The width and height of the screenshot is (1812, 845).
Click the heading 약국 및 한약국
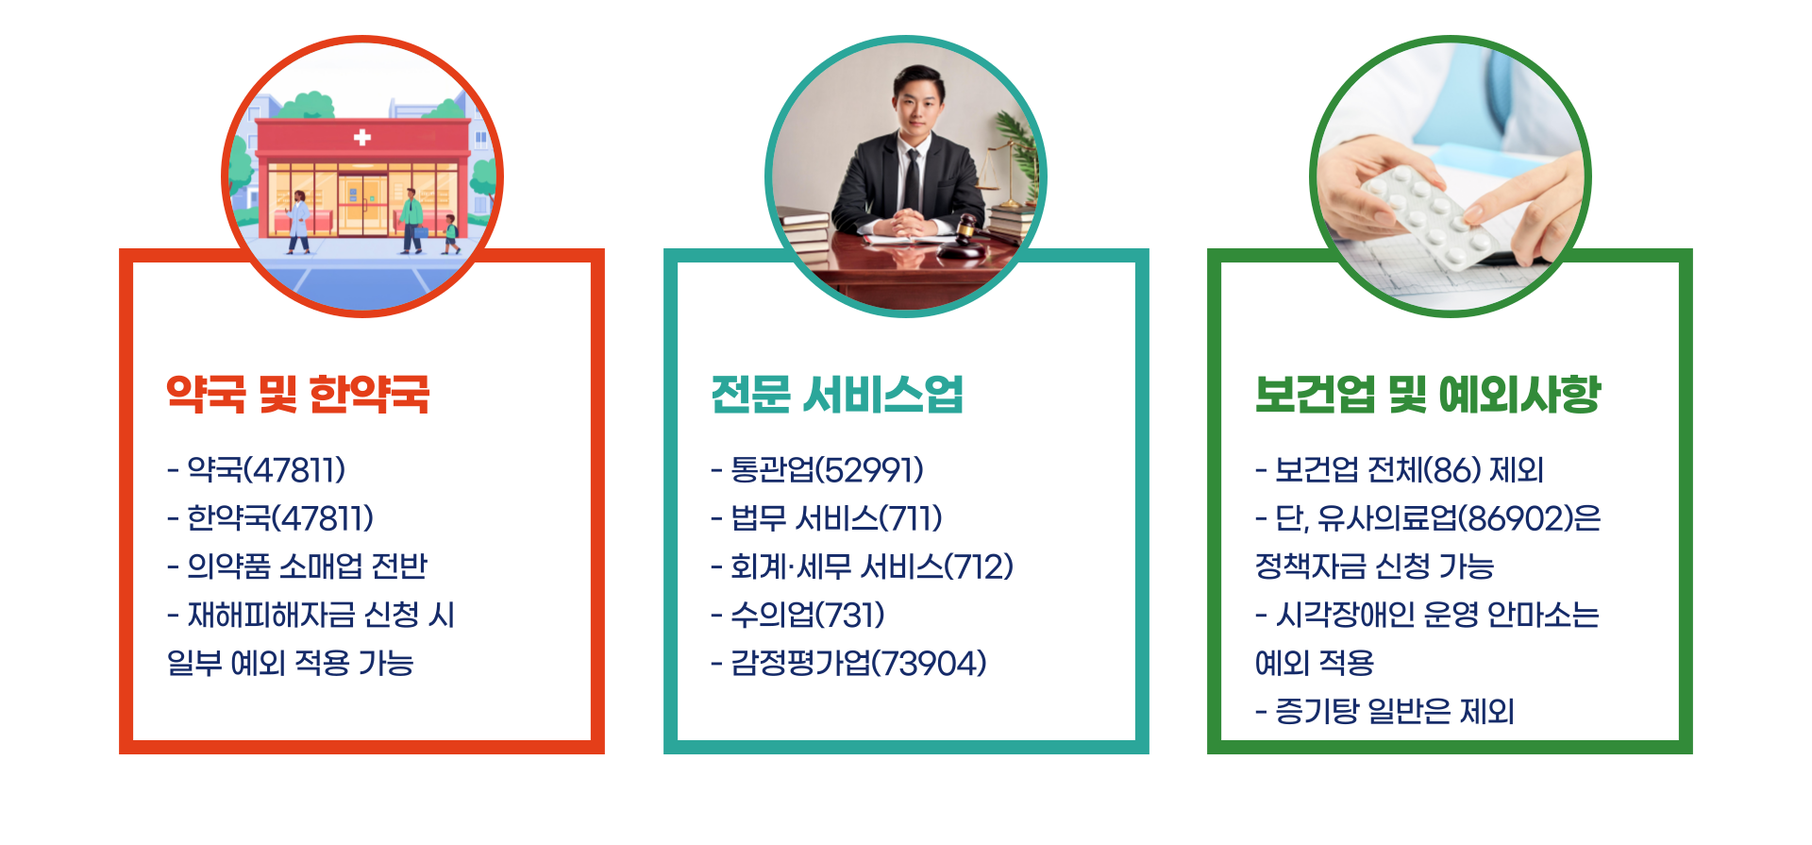click(x=297, y=394)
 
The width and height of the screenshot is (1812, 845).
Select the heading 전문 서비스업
click(x=836, y=394)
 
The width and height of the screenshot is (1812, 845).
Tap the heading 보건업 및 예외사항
click(x=1428, y=394)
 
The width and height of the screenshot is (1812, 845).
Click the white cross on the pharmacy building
click(x=361, y=138)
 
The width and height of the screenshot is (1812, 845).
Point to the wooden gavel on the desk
click(x=965, y=236)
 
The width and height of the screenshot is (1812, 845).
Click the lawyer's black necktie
click(x=912, y=179)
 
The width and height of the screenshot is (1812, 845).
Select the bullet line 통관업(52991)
click(x=817, y=469)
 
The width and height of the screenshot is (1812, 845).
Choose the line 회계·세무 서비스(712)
click(x=862, y=566)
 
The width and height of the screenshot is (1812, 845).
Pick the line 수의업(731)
click(x=798, y=615)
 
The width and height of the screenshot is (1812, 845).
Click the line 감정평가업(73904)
click(x=848, y=663)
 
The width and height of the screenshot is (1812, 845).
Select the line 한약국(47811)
click(x=271, y=517)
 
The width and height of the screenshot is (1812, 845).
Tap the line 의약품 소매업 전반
click(x=297, y=566)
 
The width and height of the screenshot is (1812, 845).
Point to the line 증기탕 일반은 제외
click(x=1384, y=711)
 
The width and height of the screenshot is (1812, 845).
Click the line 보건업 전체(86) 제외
click(x=1400, y=469)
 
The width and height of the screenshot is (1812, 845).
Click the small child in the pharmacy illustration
click(x=451, y=233)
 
